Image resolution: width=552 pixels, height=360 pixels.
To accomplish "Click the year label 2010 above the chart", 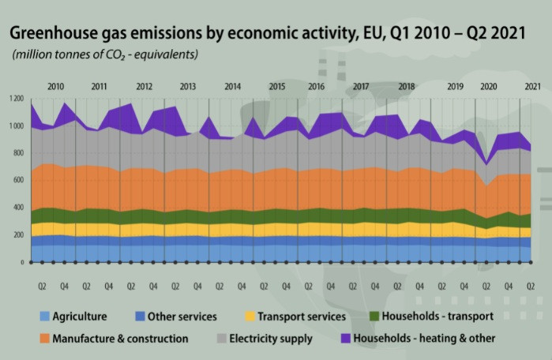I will tap(56, 85).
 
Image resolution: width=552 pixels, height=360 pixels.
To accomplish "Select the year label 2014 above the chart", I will tap(232, 85).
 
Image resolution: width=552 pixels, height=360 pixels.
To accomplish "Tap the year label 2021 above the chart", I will tap(532, 85).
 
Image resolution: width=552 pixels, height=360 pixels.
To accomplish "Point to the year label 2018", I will tap(407, 85).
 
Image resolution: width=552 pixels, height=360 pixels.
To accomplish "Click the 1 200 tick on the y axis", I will tap(16, 99).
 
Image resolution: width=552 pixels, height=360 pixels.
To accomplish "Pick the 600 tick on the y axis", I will tap(17, 181).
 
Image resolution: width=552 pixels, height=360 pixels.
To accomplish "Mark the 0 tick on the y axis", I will tap(21, 262).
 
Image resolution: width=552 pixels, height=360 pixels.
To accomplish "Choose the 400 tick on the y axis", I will tap(17, 208).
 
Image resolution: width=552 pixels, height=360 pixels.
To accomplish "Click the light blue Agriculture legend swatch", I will tap(45, 317).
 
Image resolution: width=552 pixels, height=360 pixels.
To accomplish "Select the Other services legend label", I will tap(181, 317).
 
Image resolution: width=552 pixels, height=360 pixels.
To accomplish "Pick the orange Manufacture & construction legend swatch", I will tap(45, 339).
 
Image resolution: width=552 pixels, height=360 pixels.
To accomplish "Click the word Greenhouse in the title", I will tap(50, 35).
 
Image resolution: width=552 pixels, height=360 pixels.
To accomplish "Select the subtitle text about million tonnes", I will tap(105, 55).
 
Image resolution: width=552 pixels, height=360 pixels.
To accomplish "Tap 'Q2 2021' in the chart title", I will tap(507, 35).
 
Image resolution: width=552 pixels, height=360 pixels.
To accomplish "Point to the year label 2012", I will tap(144, 85).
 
